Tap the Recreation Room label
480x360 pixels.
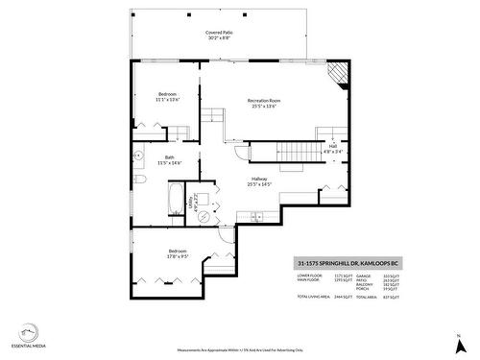point(263,104)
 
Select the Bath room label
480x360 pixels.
point(169,160)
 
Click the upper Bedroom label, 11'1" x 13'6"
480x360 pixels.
point(167,97)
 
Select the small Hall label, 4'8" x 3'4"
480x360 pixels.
point(332,148)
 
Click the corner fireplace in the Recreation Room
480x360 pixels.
point(336,75)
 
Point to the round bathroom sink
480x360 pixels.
point(139,154)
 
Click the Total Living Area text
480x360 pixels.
point(314,298)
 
